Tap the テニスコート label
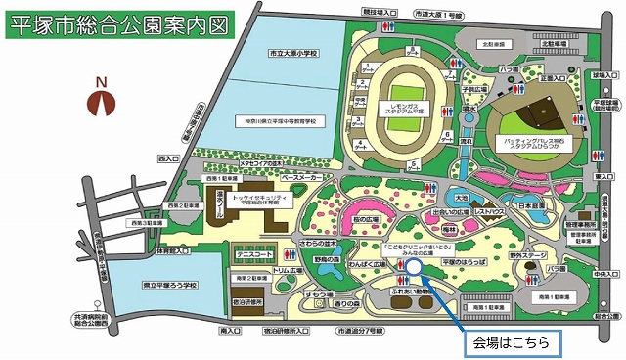tap(253, 255)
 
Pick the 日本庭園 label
tap(531, 206)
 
